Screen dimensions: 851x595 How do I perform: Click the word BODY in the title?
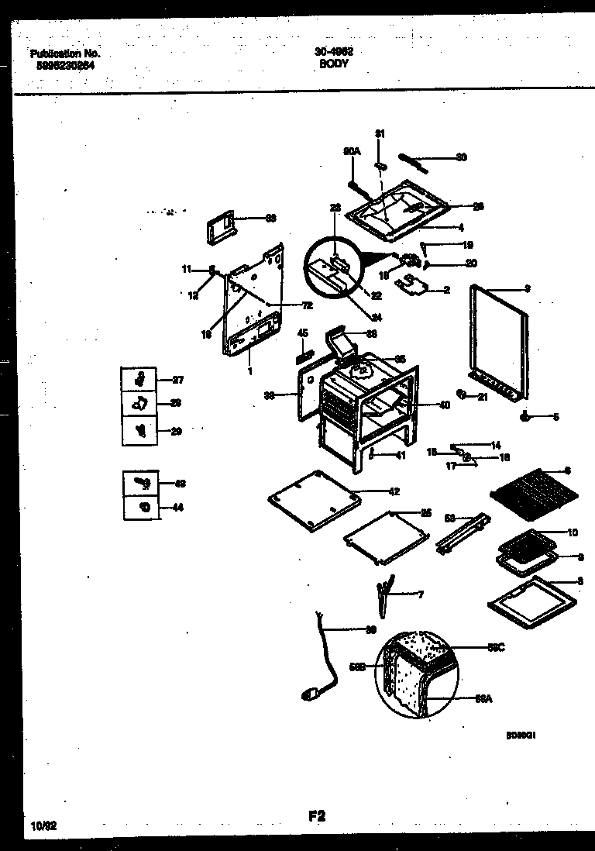[x=334, y=65]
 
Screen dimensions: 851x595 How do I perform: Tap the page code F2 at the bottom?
[x=316, y=815]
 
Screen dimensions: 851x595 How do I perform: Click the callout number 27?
[x=177, y=380]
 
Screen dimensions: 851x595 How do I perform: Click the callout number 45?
[x=303, y=333]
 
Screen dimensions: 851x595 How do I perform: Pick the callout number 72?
[x=285, y=305]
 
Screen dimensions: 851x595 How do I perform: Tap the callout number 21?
[x=482, y=398]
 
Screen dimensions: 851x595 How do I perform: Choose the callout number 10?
[x=573, y=532]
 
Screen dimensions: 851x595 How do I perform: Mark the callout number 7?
[x=420, y=594]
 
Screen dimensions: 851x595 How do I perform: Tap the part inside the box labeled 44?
[x=143, y=508]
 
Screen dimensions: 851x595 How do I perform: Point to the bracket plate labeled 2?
[x=411, y=286]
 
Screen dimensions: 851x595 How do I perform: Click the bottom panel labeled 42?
[x=315, y=499]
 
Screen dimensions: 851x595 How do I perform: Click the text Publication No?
[x=66, y=54]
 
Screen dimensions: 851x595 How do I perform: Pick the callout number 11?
[x=186, y=269]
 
